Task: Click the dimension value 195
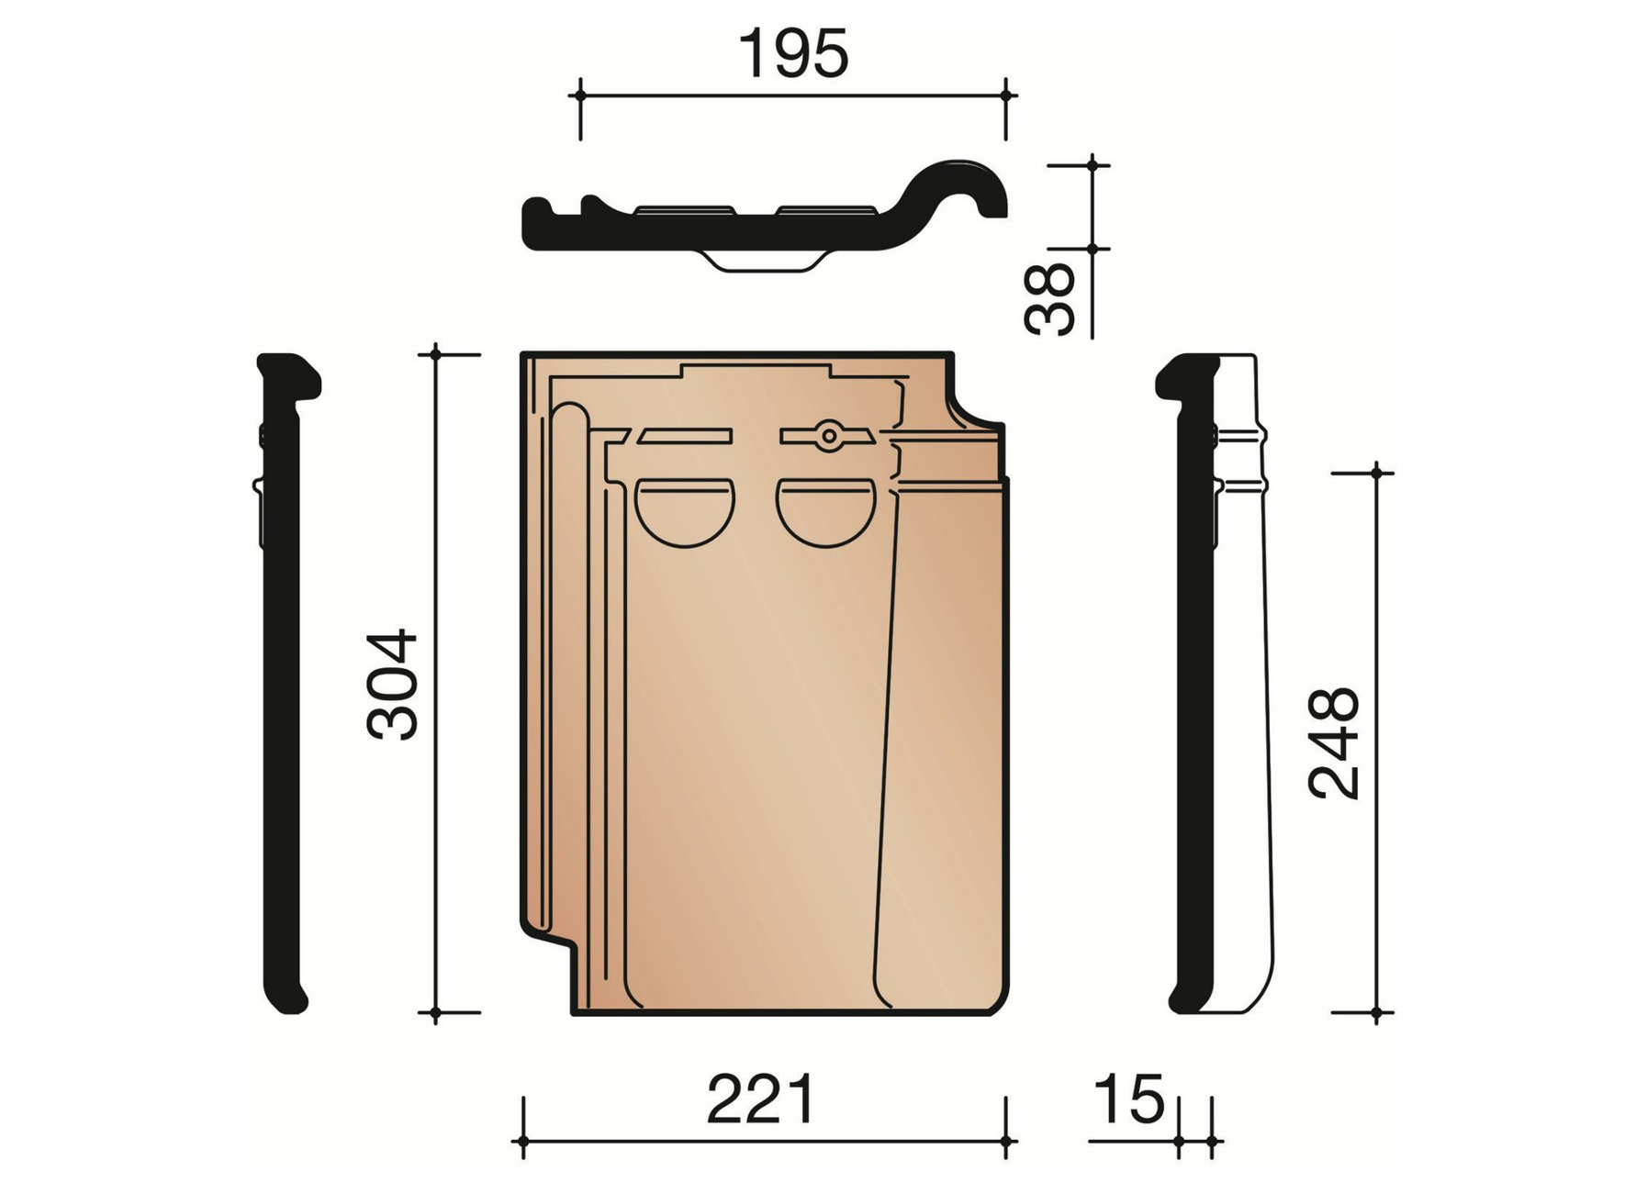793,55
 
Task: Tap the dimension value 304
393,684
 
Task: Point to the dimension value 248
1333,743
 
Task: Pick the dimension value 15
1129,1098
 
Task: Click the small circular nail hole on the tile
828,436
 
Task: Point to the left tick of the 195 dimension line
580,95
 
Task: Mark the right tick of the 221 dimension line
1006,1142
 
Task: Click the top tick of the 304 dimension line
436,353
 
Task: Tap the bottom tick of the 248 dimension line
1376,1013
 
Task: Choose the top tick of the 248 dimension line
1376,473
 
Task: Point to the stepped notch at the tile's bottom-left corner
549,954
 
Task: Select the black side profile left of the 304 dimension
282,684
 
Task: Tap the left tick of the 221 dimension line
523,1142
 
